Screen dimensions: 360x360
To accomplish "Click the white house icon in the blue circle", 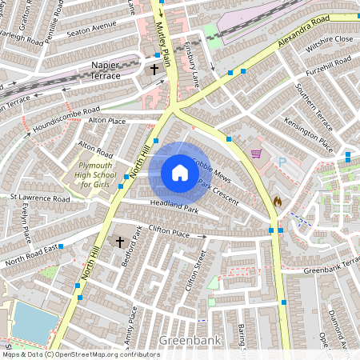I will (x=180, y=173).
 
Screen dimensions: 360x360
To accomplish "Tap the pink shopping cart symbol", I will (x=256, y=154).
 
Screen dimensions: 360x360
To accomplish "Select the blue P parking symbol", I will (x=282, y=162).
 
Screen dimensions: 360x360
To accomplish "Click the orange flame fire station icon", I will (x=278, y=202).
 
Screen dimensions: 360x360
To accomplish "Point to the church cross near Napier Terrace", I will (x=154, y=70).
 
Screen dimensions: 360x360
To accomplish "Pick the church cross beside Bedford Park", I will (x=120, y=241).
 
